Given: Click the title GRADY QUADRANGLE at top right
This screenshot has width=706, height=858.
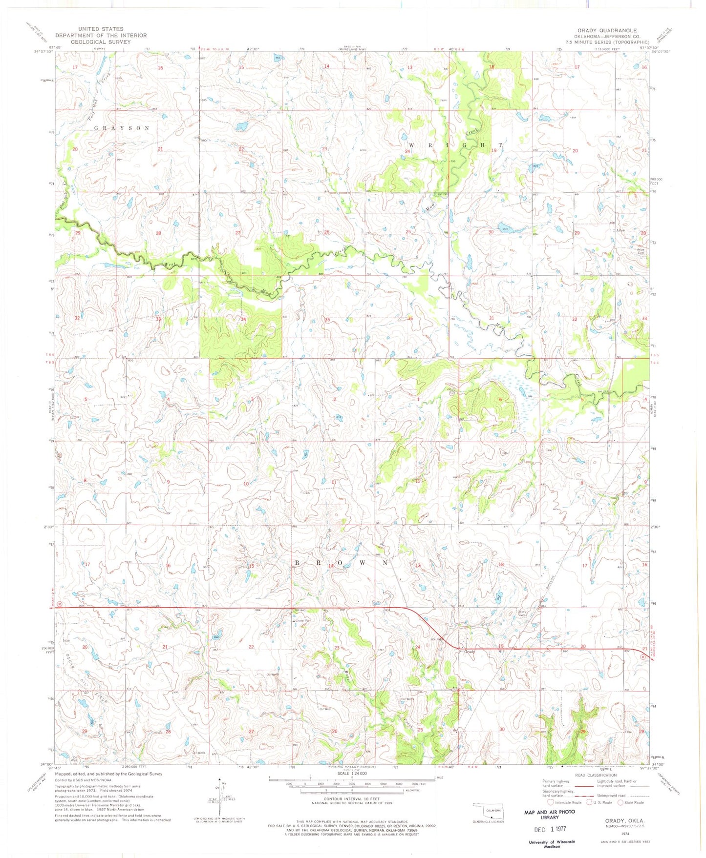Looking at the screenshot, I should (607, 30).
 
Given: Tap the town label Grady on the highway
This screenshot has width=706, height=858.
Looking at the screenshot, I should (470, 652).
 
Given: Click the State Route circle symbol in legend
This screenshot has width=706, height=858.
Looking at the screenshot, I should (621, 802).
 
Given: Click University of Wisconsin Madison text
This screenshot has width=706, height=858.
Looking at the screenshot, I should (552, 844).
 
